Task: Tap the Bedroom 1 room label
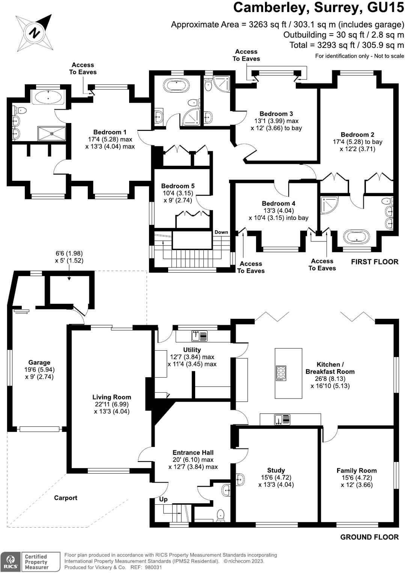point(110,132)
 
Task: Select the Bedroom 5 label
point(178,186)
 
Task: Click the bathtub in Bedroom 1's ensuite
point(48,97)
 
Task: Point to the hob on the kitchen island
point(281,373)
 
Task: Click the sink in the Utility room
point(199,336)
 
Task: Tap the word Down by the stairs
point(221,232)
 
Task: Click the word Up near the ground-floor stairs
point(163,499)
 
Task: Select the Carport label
point(65,498)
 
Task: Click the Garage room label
point(39,362)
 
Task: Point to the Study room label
point(276,470)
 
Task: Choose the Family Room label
point(356,471)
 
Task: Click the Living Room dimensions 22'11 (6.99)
point(112,404)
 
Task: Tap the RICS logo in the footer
point(11,562)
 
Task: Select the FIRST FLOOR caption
point(374,262)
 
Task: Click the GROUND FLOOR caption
point(369,537)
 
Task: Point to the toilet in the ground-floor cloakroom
point(221,515)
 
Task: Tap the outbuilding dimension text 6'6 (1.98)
point(69,253)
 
